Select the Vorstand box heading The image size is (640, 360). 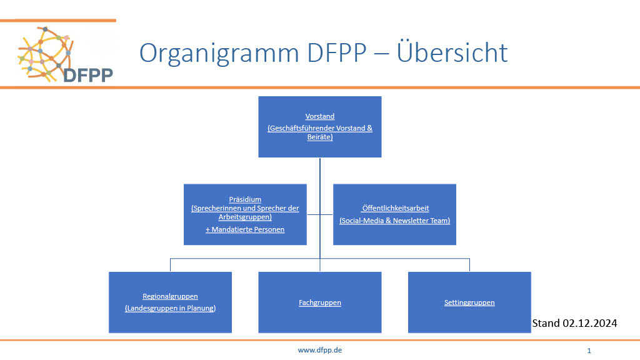point(320,116)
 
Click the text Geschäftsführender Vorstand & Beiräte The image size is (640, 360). point(320,132)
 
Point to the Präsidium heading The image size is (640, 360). point(245,199)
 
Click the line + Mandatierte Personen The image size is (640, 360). point(245,229)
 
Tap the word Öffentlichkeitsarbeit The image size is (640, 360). point(395,208)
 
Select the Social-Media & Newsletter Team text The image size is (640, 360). point(395,221)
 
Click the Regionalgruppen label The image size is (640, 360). point(170,296)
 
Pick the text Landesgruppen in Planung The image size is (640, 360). point(170,308)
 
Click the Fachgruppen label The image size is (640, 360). point(320,302)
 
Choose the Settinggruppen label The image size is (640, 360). point(469,302)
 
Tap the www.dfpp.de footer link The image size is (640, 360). point(320,350)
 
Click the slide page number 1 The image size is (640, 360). point(589,351)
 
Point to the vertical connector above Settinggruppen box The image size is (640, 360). point(469,265)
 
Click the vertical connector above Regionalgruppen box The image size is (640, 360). point(170,265)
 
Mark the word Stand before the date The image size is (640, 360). point(546,323)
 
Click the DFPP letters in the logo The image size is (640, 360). point(88,75)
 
